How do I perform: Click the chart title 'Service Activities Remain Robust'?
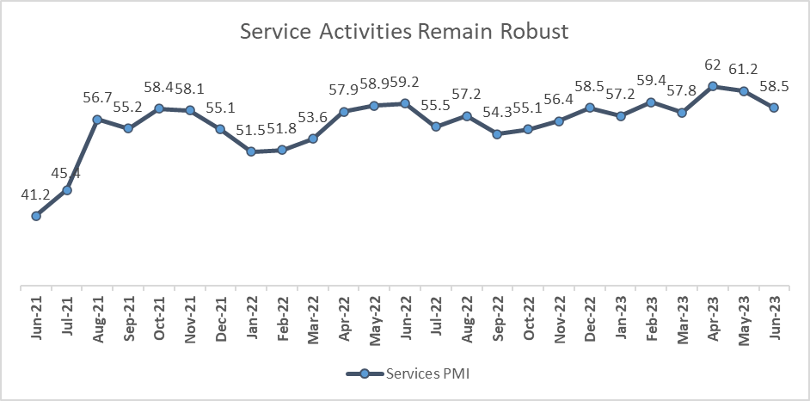(404, 33)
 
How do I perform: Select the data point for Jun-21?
(36, 216)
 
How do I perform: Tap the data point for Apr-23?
(713, 86)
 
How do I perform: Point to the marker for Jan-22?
(251, 151)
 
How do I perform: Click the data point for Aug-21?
(97, 120)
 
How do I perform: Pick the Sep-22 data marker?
(497, 134)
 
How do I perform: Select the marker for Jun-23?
(774, 108)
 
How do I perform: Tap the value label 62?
(713, 66)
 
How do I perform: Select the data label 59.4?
(651, 82)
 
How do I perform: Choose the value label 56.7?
(97, 100)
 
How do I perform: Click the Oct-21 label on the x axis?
(159, 322)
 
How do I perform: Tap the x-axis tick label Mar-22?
(313, 322)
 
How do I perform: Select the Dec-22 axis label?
(590, 322)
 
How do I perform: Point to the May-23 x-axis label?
(744, 322)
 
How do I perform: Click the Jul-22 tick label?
(436, 322)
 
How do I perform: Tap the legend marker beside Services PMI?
(364, 374)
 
